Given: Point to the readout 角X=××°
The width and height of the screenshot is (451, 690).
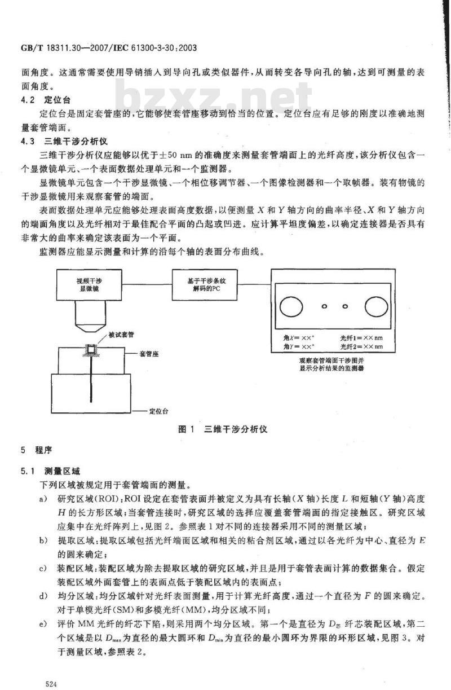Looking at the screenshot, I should click(301, 338).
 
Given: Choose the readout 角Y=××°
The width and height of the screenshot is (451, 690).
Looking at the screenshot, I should click(301, 346).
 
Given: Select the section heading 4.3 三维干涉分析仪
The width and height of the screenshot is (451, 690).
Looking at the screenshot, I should click(57, 140).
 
